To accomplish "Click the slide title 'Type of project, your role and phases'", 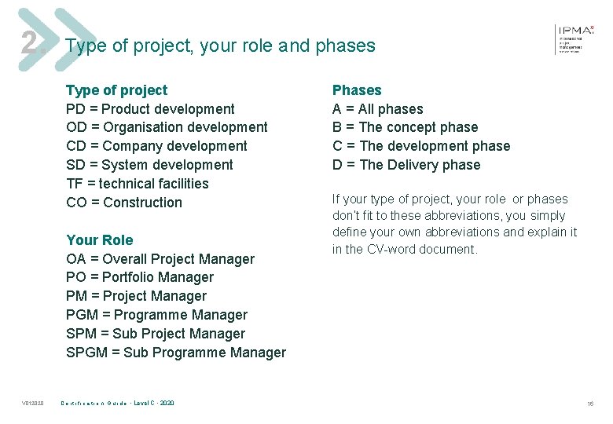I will point(221,46).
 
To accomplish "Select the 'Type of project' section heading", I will point(116,90).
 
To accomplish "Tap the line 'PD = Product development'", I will point(150,109).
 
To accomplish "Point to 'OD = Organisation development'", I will point(167,127).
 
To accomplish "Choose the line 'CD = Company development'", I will point(156,146).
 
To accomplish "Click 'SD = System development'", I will point(149,165).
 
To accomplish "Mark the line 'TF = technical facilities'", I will point(138,184).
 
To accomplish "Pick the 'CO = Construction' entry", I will point(124,203).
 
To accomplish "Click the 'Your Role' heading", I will point(100,240).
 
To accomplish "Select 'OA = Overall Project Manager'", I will point(160,259).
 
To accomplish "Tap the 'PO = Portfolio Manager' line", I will point(140,277).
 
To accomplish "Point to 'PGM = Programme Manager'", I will point(156,315).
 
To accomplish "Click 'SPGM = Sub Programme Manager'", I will point(176,353).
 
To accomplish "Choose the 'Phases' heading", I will point(357,90).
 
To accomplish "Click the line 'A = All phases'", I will point(377,109).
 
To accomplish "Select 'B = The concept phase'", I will point(405,127).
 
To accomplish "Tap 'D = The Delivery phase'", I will point(406,165).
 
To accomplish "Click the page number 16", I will point(589,404).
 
